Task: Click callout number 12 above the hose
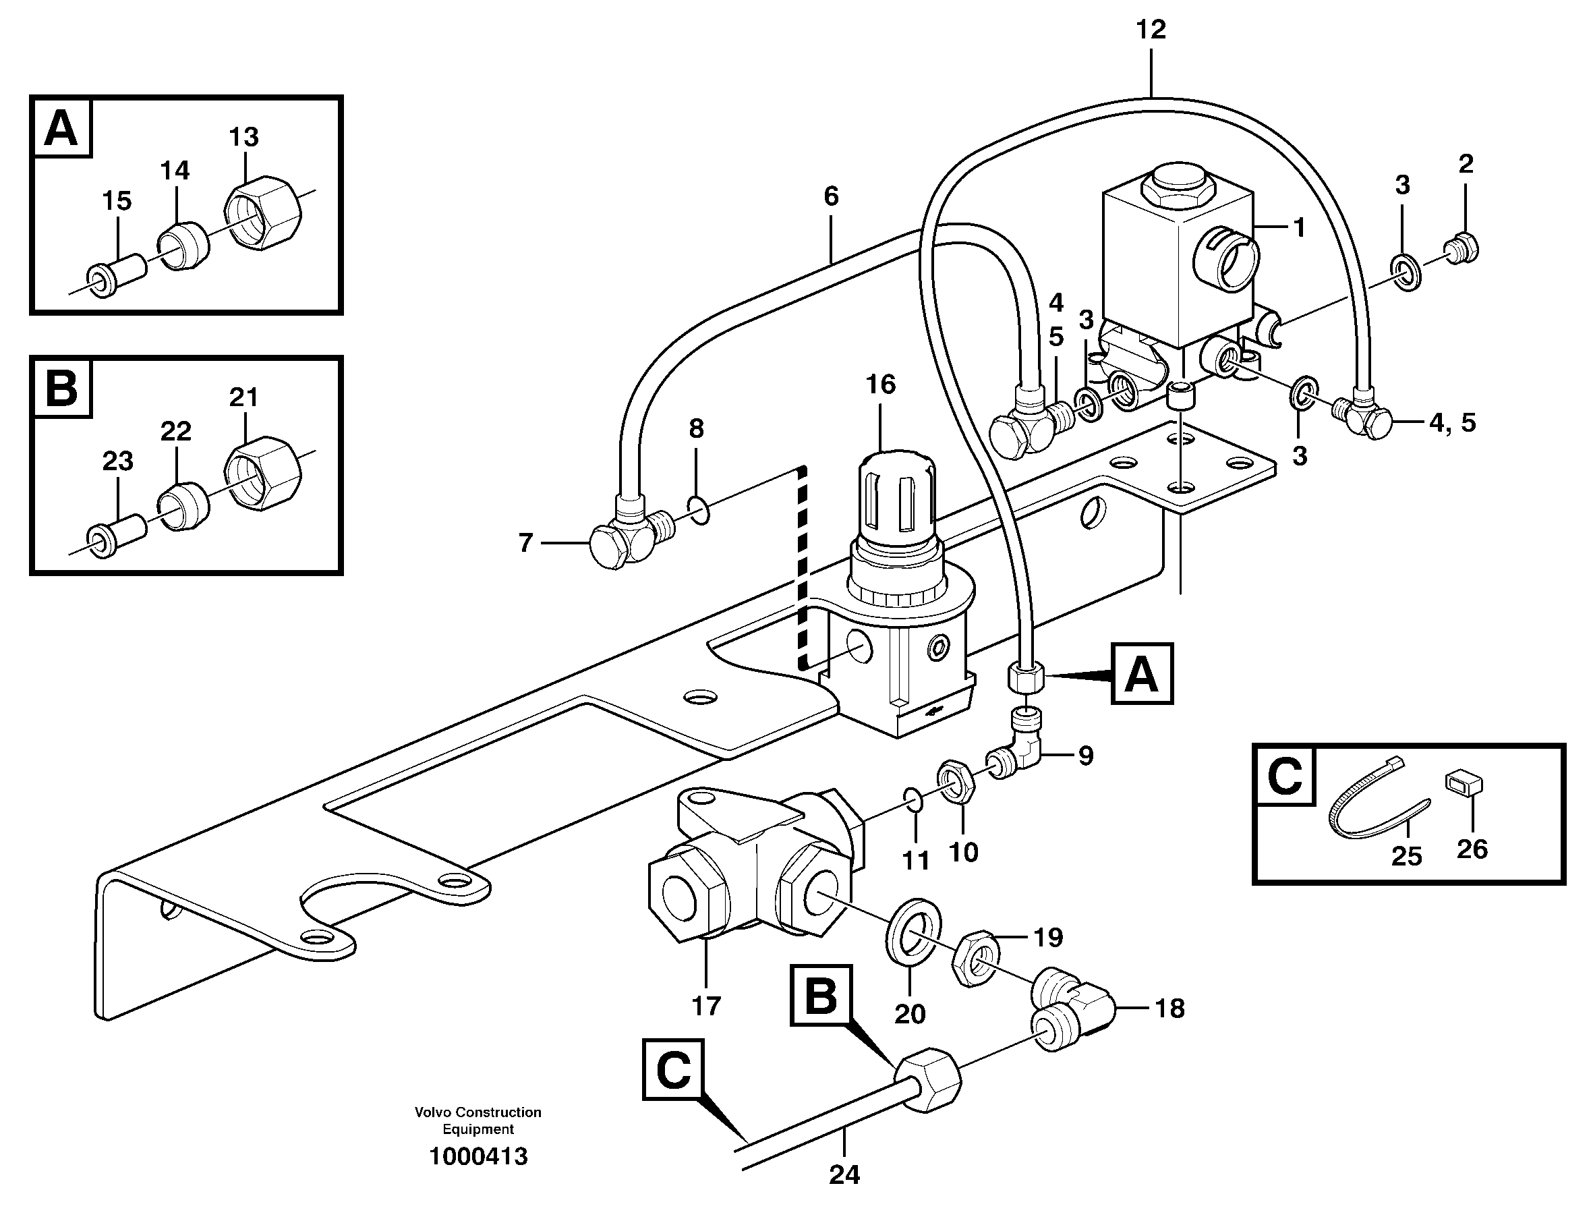1151,30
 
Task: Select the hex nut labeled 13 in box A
262,213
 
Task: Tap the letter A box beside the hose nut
1142,673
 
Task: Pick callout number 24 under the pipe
844,1196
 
